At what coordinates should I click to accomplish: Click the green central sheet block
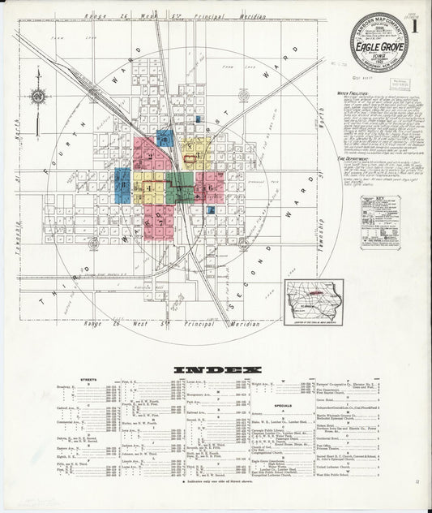(181, 186)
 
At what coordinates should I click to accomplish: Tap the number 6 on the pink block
(208, 188)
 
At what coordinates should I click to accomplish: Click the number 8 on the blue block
(122, 184)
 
